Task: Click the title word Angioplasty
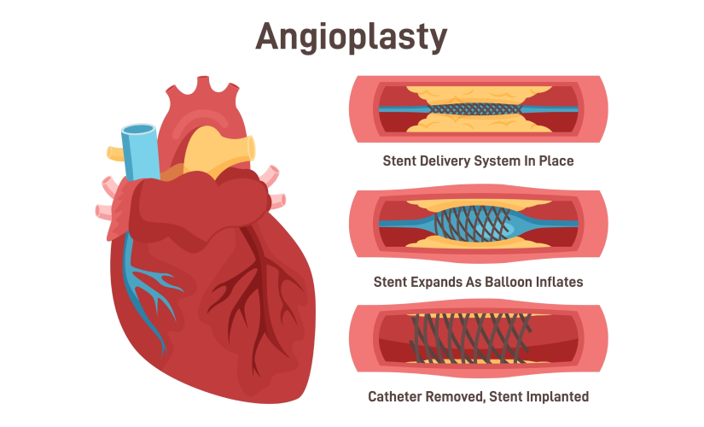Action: click(351, 38)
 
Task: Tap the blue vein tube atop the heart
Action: click(141, 152)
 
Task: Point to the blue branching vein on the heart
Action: click(148, 288)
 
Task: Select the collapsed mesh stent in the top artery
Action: click(475, 109)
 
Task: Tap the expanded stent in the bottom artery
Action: click(470, 338)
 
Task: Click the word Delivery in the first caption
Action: click(445, 161)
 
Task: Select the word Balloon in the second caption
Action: click(509, 282)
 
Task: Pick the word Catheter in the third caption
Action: click(395, 396)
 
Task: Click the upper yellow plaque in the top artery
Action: click(479, 96)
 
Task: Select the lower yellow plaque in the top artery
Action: click(479, 123)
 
